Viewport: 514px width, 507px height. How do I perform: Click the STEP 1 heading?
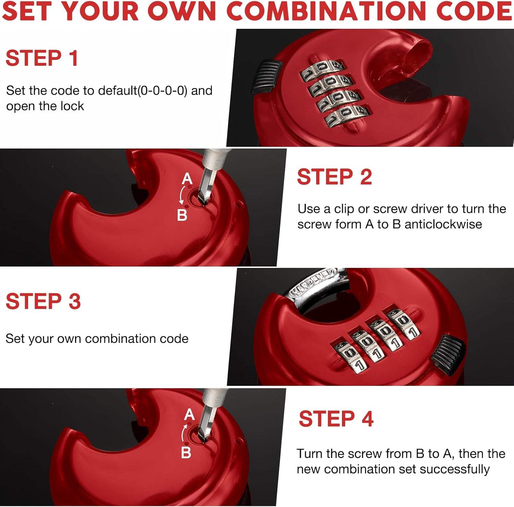[42, 58]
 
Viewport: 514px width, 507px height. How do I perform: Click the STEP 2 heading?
[334, 177]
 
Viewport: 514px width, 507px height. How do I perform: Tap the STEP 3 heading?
[43, 301]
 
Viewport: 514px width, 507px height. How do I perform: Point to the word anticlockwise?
[443, 224]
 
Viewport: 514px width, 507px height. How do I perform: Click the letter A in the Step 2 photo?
[187, 179]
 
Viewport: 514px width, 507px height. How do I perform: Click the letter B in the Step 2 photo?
[182, 215]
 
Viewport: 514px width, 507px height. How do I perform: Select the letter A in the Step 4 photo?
[189, 415]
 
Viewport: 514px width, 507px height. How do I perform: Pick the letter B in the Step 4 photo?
[186, 452]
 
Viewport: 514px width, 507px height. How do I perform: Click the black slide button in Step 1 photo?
[267, 77]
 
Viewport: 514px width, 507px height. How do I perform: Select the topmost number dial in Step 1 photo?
[322, 69]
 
